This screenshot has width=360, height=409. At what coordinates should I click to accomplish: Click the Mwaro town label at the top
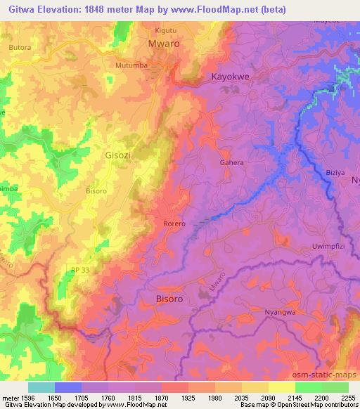(164, 44)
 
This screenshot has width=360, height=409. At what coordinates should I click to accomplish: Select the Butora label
(20, 46)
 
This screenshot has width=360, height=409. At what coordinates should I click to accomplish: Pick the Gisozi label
(117, 155)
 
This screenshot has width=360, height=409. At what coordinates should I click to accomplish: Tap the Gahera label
(232, 162)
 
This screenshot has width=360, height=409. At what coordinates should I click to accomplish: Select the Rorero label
(174, 224)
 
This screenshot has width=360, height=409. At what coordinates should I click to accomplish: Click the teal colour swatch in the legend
(41, 387)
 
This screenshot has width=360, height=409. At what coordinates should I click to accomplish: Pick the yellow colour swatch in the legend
(282, 387)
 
